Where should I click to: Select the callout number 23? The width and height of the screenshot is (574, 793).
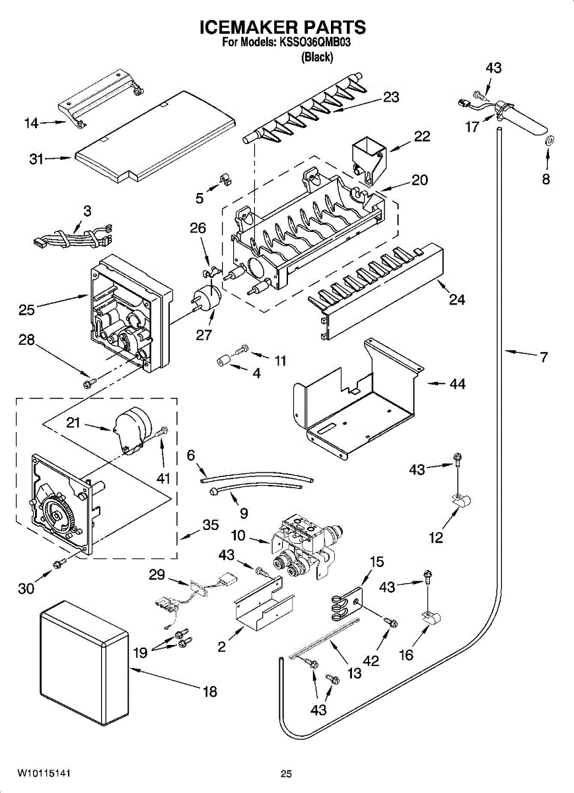point(390,96)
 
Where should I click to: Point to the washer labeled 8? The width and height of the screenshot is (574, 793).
point(548,141)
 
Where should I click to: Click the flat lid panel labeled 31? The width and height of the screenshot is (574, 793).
point(155,135)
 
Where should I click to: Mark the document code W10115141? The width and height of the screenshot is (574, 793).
point(44,773)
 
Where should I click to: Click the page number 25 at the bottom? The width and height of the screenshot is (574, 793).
point(286,774)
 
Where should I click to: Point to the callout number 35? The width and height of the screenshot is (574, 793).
point(210,526)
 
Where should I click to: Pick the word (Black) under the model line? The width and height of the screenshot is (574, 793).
point(316,57)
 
